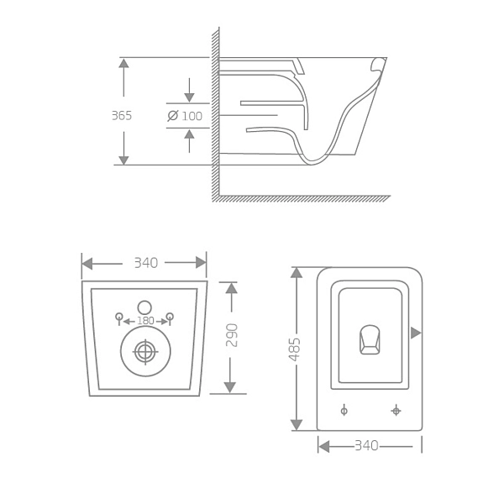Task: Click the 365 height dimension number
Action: click(x=122, y=116)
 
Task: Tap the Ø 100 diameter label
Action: click(x=186, y=116)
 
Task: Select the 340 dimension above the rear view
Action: click(x=145, y=263)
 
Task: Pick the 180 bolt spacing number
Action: click(x=145, y=321)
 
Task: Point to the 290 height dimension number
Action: click(x=233, y=335)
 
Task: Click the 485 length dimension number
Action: click(x=295, y=349)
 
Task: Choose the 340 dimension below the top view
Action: click(x=366, y=446)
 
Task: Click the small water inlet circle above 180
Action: click(x=144, y=307)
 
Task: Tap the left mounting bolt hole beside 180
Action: click(x=119, y=317)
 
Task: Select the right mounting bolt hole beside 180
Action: click(x=171, y=317)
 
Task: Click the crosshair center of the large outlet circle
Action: click(x=145, y=352)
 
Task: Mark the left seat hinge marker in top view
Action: click(x=344, y=410)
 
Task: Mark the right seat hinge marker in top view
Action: click(x=396, y=410)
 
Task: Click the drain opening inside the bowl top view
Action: click(x=370, y=339)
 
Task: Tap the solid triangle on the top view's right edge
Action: click(x=416, y=333)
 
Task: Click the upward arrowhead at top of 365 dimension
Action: click(x=123, y=63)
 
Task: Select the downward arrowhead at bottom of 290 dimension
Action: click(x=230, y=387)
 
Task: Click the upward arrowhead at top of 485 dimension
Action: click(x=296, y=272)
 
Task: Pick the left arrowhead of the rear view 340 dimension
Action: click(x=87, y=263)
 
